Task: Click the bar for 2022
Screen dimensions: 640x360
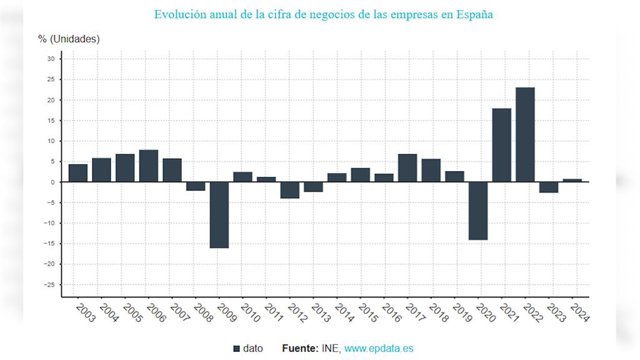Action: pyautogui.click(x=525, y=135)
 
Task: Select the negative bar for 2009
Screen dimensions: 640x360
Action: pyautogui.click(x=219, y=215)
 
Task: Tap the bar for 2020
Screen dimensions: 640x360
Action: pyautogui.click(x=478, y=211)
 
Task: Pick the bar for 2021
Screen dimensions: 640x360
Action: pyautogui.click(x=502, y=145)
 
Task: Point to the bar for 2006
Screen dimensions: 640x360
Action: pyautogui.click(x=149, y=166)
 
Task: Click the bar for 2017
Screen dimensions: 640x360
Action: pyautogui.click(x=407, y=168)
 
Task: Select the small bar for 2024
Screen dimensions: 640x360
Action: pyautogui.click(x=572, y=180)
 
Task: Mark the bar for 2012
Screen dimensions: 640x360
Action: pyautogui.click(x=290, y=190)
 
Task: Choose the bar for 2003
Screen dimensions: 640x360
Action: pyautogui.click(x=78, y=173)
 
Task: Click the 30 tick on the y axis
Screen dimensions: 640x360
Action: pyautogui.click(x=51, y=59)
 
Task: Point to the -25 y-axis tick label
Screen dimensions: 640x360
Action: pyautogui.click(x=49, y=284)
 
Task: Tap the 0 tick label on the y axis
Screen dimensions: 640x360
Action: pyautogui.click(x=53, y=182)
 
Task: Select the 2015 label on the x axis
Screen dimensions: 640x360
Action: pyautogui.click(x=368, y=313)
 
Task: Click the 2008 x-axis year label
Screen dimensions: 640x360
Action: pyautogui.click(x=203, y=313)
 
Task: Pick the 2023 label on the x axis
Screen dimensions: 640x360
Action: pyautogui.click(x=556, y=313)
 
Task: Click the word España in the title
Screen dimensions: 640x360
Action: pyautogui.click(x=475, y=15)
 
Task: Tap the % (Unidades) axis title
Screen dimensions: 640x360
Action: pyautogui.click(x=69, y=39)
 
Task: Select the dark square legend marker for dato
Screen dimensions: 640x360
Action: pyautogui.click(x=236, y=349)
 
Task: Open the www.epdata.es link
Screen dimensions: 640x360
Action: pyautogui.click(x=379, y=349)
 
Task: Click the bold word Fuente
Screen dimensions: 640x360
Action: pyautogui.click(x=300, y=349)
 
